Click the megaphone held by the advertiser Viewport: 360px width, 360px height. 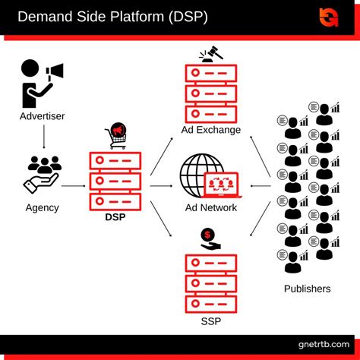tap(55, 71)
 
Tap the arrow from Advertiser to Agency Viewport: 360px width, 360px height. tap(43, 138)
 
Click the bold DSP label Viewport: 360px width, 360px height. tap(116, 216)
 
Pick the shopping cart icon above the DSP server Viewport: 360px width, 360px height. tap(116, 135)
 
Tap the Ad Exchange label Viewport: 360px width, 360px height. tap(210, 130)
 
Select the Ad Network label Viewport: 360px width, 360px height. tap(210, 207)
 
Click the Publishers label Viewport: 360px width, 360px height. tap(307, 289)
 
